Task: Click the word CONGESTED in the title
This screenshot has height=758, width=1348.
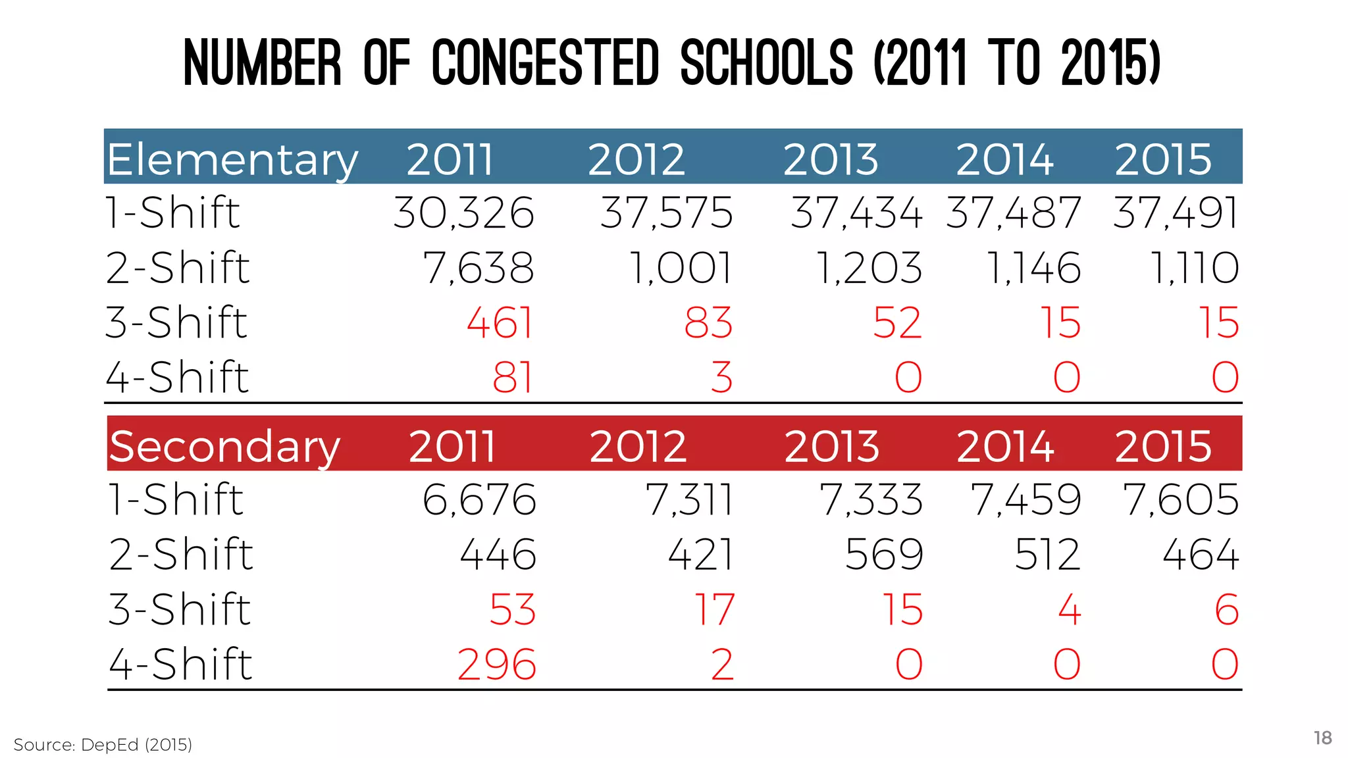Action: [545, 63]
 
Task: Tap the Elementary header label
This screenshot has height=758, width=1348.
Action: [232, 160]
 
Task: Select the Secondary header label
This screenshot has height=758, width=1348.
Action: [224, 447]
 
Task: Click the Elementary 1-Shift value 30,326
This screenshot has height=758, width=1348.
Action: [463, 213]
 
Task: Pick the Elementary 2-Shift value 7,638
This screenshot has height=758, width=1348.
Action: [478, 268]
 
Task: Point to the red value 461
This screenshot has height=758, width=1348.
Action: [500, 323]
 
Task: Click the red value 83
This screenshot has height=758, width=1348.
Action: [708, 323]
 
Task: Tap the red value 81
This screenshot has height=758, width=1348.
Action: [513, 378]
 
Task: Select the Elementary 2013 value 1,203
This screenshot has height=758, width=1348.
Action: [869, 268]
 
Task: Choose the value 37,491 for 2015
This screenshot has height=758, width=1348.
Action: [1176, 213]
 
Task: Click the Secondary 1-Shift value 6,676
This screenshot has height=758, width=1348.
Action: [479, 499]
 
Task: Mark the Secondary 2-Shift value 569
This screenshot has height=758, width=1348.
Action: [884, 555]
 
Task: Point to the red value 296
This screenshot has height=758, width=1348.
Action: [497, 665]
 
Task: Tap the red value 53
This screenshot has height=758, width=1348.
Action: [513, 609]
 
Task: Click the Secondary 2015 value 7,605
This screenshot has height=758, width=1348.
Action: [1181, 499]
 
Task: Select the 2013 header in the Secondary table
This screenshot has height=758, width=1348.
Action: [831, 447]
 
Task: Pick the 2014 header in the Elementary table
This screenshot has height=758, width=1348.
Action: [1004, 160]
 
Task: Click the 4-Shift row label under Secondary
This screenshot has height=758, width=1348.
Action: [180, 664]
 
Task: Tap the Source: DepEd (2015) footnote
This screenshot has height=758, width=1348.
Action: [103, 745]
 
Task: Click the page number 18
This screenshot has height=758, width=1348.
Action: [1322, 738]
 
